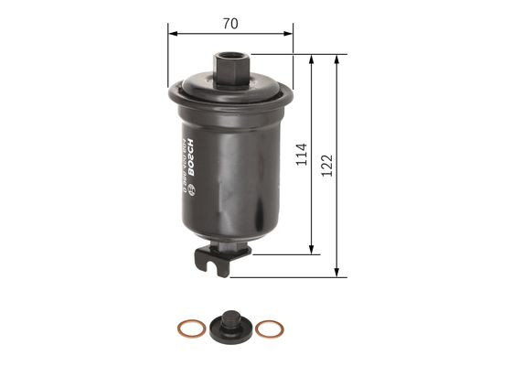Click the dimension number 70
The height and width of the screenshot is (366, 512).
(x=230, y=25)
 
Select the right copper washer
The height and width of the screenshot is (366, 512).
(x=267, y=328)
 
